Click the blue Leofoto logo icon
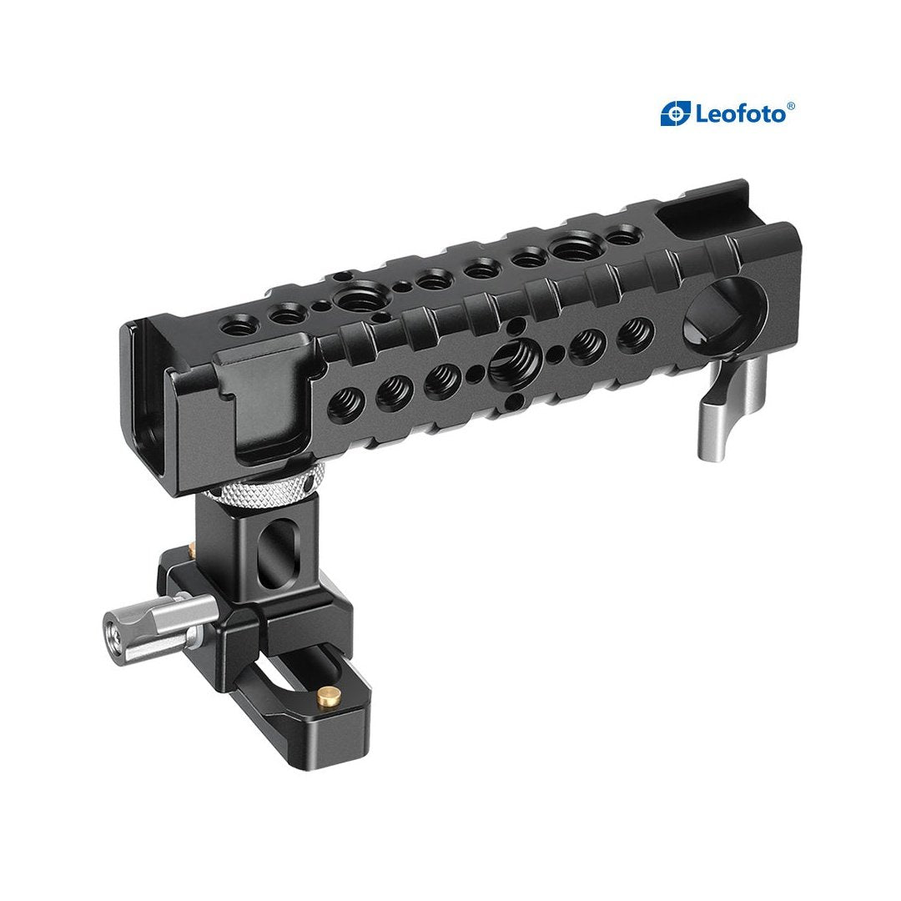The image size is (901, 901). tap(675, 113)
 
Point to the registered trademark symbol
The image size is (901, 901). tap(791, 106)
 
